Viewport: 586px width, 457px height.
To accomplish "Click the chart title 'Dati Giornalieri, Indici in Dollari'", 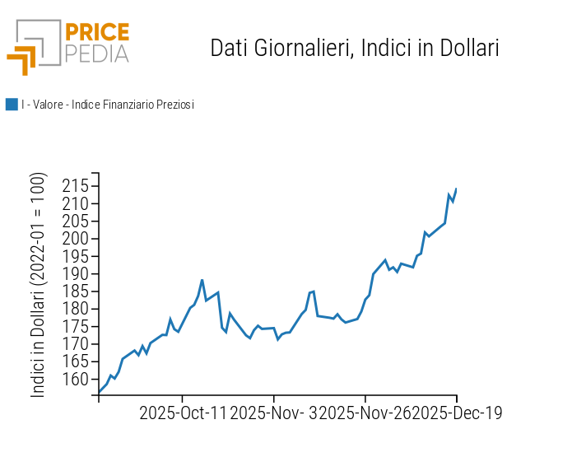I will pyautogui.click(x=355, y=48).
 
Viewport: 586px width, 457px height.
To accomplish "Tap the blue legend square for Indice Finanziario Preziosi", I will pyautogui.click(x=12, y=105).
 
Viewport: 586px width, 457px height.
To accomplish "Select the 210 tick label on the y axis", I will pyautogui.click(x=75, y=203).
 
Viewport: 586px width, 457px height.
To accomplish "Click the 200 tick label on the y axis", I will pyautogui.click(x=75, y=239).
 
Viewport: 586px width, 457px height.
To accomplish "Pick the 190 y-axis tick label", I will pyautogui.click(x=75, y=274).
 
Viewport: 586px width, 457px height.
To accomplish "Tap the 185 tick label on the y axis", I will pyautogui.click(x=75, y=291).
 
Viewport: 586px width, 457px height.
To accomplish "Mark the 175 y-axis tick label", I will pyautogui.click(x=75, y=327).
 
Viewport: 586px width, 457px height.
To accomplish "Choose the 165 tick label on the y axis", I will pyautogui.click(x=75, y=361).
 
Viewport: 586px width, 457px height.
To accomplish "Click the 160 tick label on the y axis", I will pyautogui.click(x=75, y=380).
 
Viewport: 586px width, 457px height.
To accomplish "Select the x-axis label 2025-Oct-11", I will pyautogui.click(x=183, y=413).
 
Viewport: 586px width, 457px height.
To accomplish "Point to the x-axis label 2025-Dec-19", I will pyautogui.click(x=457, y=413).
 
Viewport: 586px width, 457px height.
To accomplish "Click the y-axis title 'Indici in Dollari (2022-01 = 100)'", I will pyautogui.click(x=39, y=286).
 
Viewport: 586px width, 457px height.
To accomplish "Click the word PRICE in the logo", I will pyautogui.click(x=96, y=33).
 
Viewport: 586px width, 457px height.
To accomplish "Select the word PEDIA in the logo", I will pyautogui.click(x=96, y=54).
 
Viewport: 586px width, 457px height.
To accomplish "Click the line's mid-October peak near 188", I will pyautogui.click(x=202, y=280).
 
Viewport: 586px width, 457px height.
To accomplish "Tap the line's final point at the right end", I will pyautogui.click(x=456, y=189).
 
